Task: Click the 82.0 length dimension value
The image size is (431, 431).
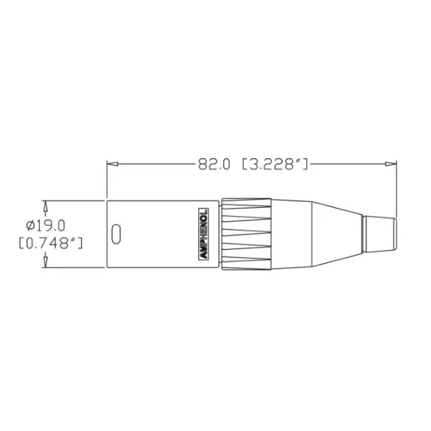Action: (213, 164)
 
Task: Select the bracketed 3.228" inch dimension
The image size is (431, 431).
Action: (275, 164)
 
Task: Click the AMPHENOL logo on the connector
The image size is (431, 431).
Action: (203, 234)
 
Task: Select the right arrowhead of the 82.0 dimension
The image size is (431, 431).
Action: (392, 164)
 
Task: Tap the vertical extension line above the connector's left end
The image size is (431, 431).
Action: (107, 180)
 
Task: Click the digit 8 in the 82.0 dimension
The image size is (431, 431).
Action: (202, 164)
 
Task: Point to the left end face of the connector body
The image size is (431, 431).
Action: (108, 234)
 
